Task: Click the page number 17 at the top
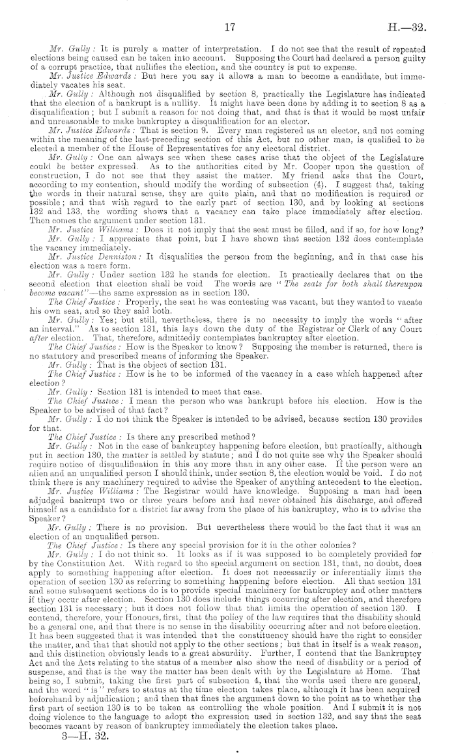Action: click(229, 27)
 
